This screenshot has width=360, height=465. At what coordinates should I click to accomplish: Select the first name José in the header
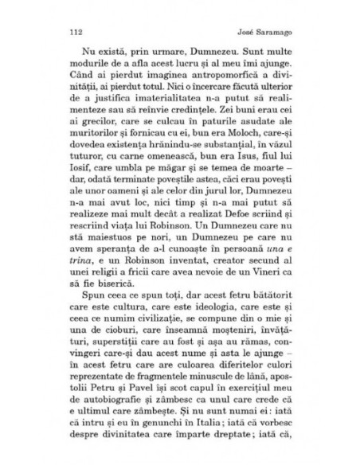(x=247, y=34)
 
